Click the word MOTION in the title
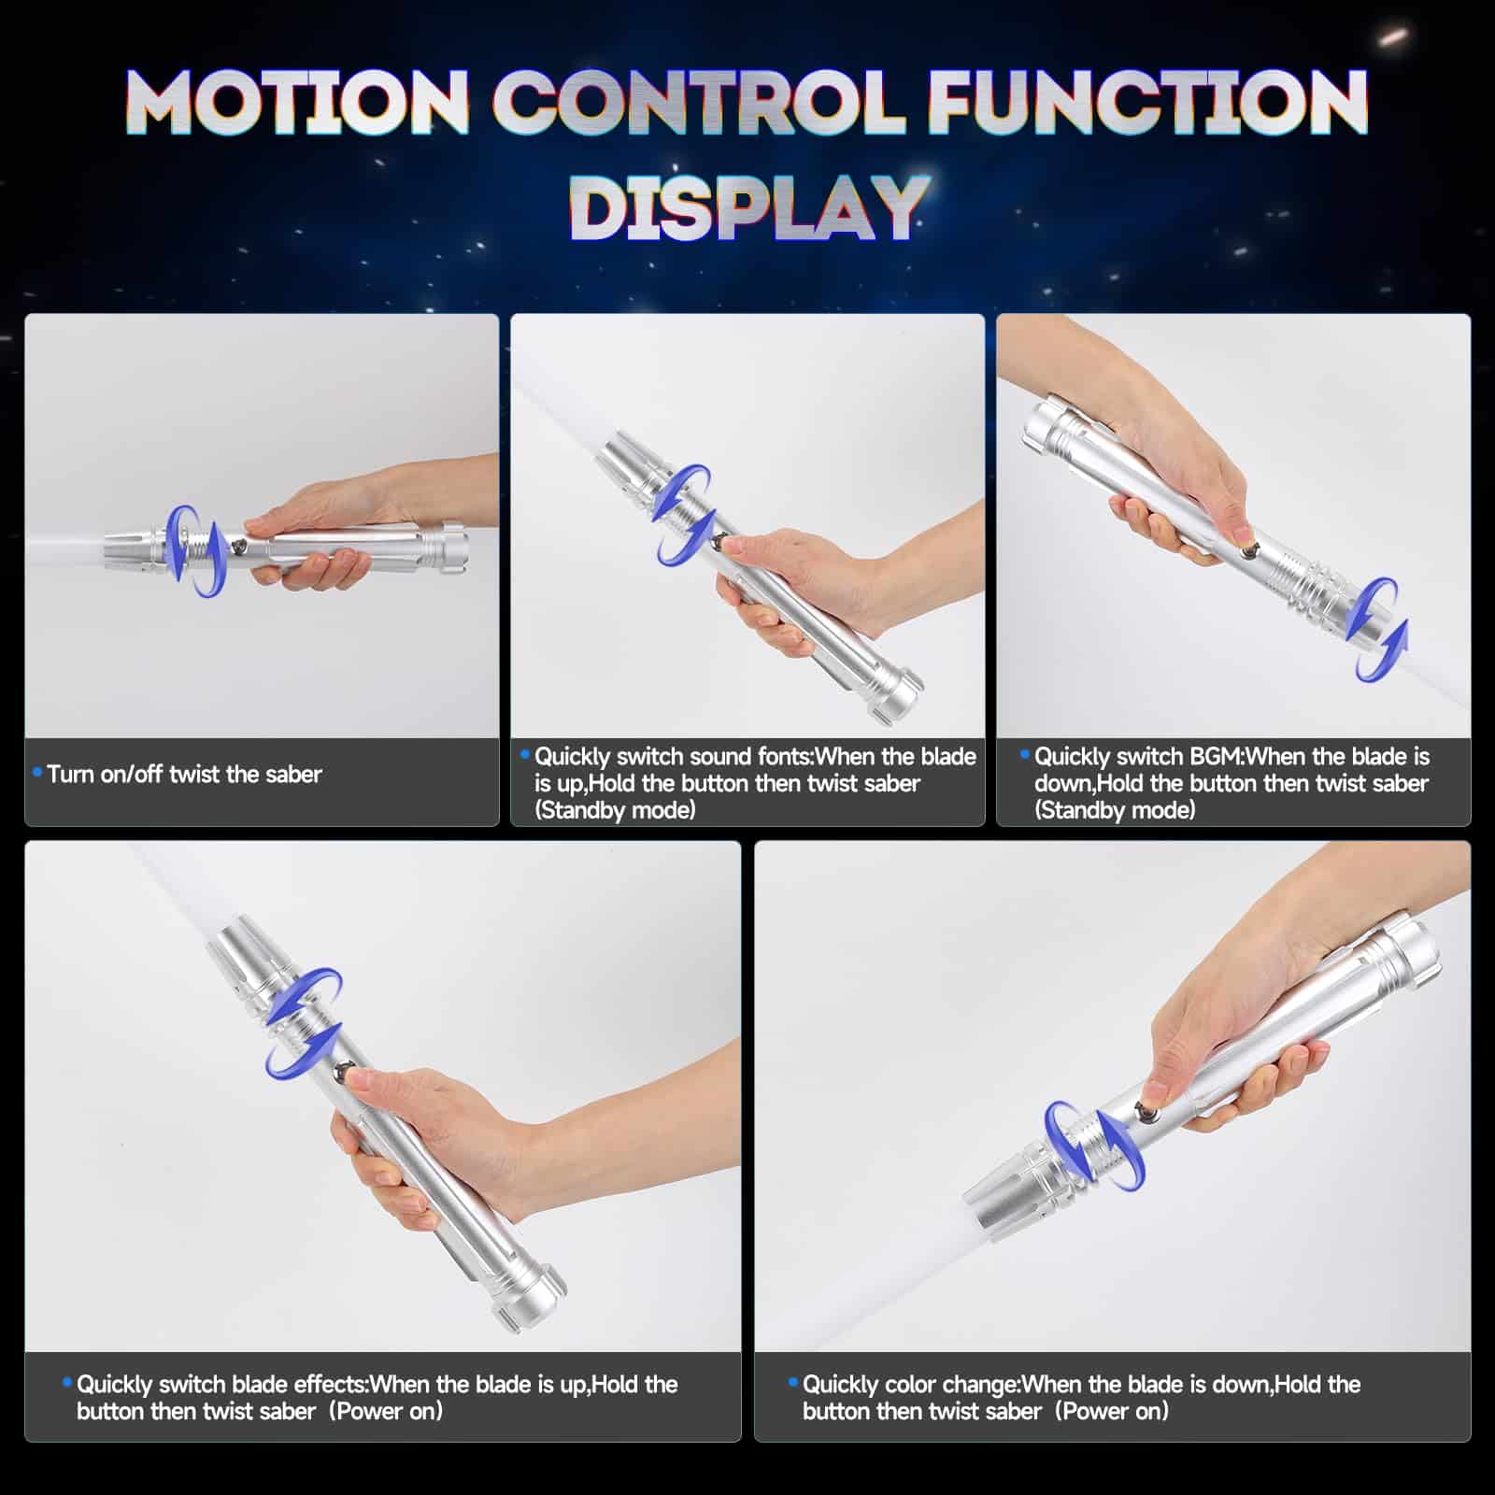pyautogui.click(x=297, y=103)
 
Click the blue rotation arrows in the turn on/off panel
pyautogui.click(x=197, y=551)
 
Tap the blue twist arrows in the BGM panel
pyautogui.click(x=1382, y=628)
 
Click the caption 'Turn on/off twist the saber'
pyautogui.click(x=184, y=774)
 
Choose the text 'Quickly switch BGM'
pyautogui.click(x=1137, y=756)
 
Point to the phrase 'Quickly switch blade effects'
pyautogui.click(x=219, y=1384)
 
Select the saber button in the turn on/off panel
pyautogui.click(x=241, y=547)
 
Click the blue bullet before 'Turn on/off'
pyautogui.click(x=37, y=772)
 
